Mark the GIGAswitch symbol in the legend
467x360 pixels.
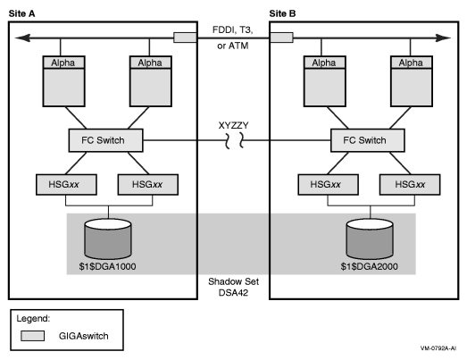[34, 338]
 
